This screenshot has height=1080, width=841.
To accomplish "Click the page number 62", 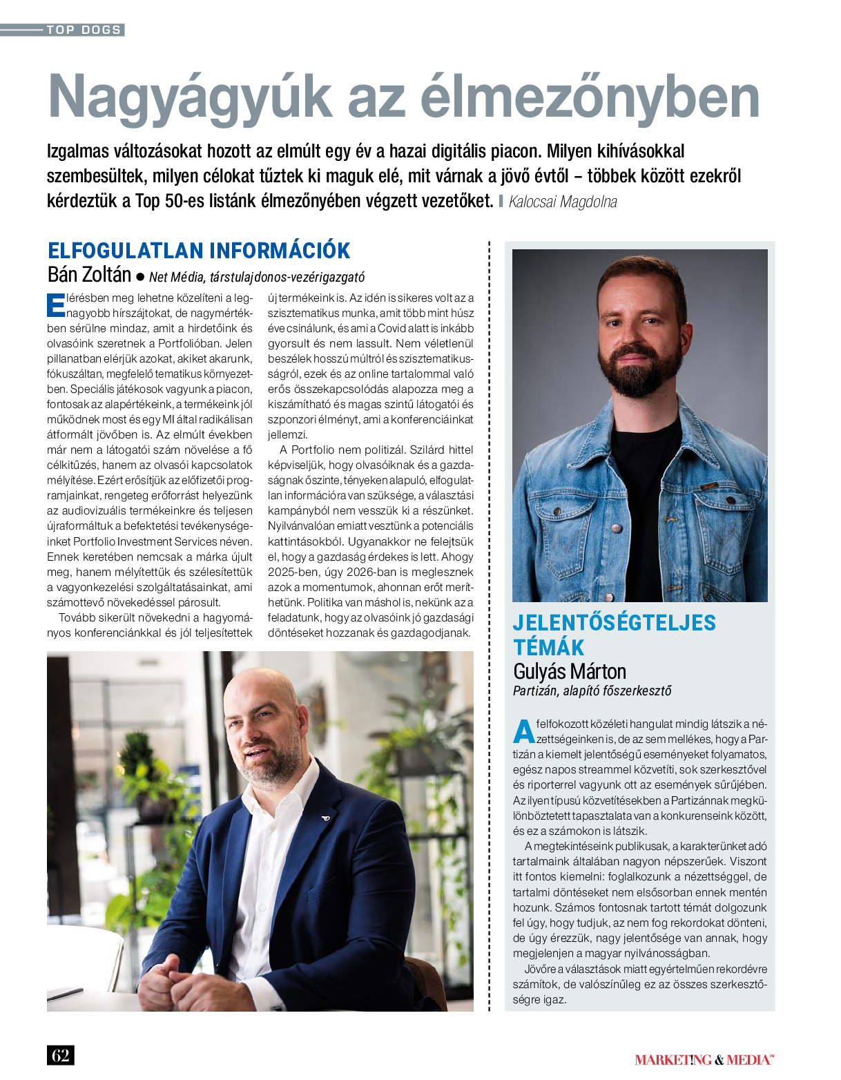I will coord(60,1055).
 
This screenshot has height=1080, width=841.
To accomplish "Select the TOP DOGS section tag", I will coord(84,30).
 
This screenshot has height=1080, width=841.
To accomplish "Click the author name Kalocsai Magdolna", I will coord(563,202).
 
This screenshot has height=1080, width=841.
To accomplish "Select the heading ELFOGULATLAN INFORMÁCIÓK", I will coord(199,250).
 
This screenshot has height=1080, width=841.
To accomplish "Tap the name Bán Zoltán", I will coord(89,275).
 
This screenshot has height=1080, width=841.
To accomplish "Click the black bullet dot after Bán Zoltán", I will coord(140,277).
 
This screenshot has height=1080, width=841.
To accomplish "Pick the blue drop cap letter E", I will coord(55,306).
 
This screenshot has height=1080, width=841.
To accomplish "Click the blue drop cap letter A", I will coord(524,731).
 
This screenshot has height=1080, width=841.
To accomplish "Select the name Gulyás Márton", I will coord(570,671).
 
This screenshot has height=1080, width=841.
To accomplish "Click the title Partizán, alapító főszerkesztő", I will coord(592,691).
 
